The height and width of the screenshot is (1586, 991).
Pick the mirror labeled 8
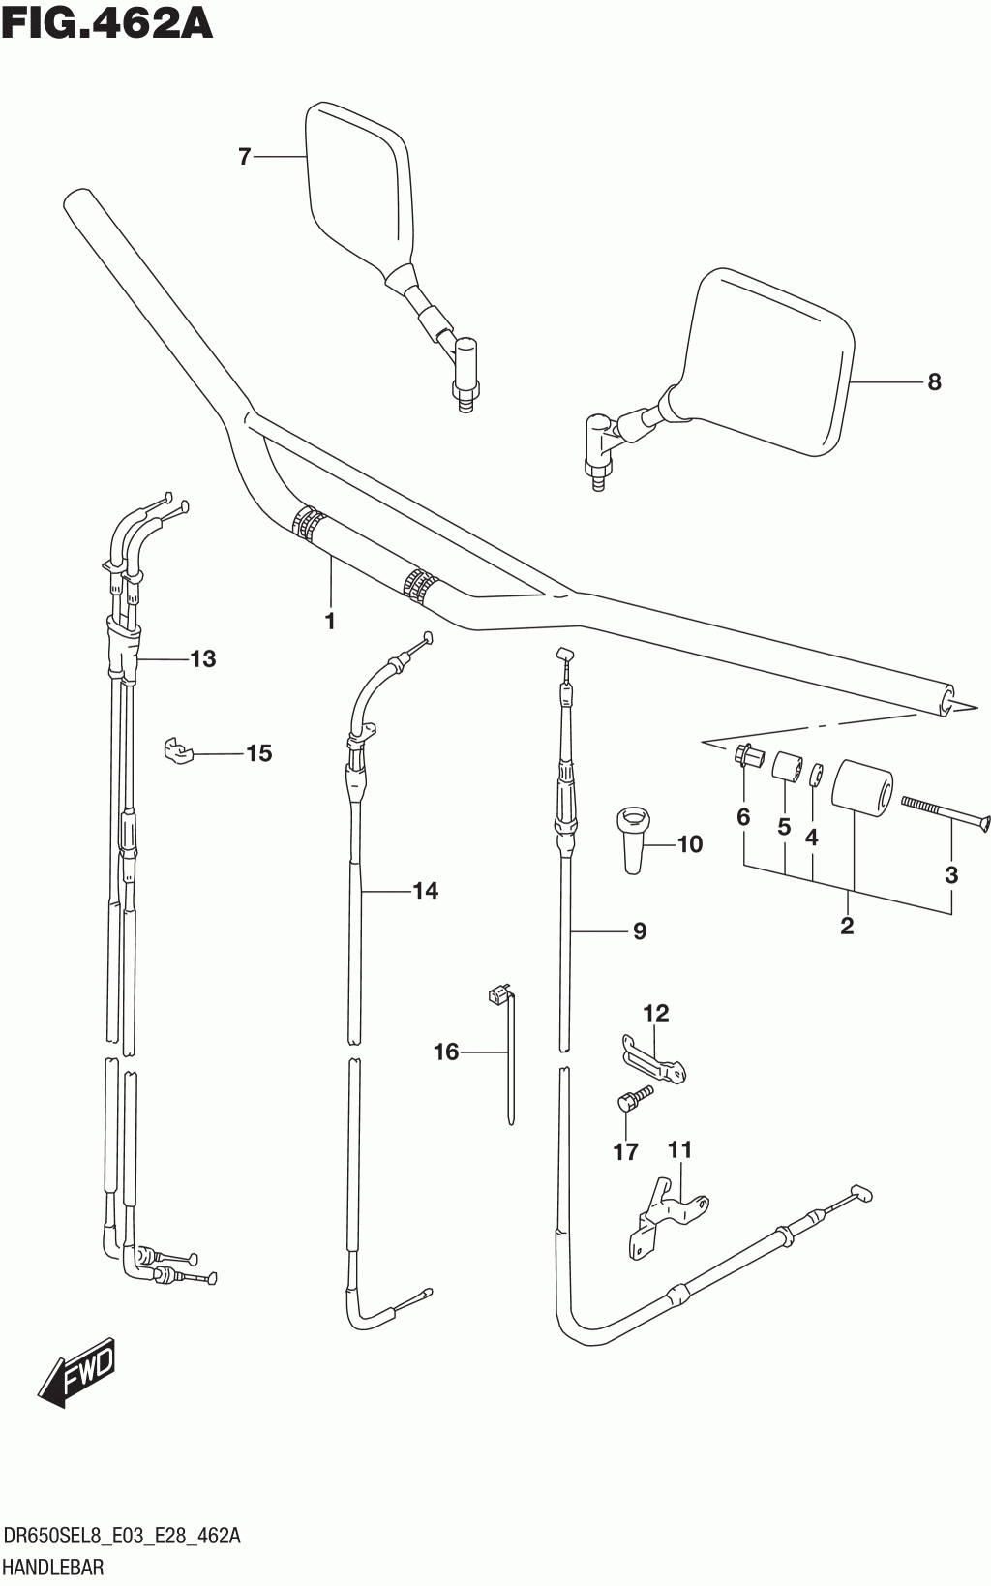(x=769, y=358)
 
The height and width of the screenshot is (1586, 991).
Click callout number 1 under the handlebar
(x=330, y=621)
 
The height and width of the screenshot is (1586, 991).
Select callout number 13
(x=202, y=659)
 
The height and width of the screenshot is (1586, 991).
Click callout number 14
(x=425, y=891)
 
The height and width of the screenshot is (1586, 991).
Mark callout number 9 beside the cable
(x=639, y=931)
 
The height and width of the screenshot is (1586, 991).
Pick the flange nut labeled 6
(x=748, y=755)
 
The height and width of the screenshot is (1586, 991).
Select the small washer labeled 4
(x=817, y=776)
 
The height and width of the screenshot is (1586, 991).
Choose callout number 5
(x=784, y=827)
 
